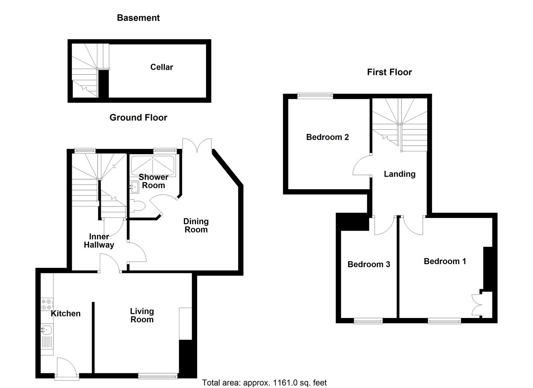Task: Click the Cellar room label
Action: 162,67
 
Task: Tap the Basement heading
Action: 138,18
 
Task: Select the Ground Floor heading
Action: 138,117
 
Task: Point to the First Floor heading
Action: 389,72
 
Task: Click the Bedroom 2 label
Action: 327,137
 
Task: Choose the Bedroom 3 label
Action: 369,264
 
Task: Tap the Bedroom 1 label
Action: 445,261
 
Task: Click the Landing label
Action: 399,174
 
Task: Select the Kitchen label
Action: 65,314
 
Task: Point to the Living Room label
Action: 142,315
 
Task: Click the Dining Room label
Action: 196,226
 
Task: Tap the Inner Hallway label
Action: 99,241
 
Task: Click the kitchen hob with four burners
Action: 46,305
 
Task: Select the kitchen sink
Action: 47,329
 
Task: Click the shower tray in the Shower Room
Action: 153,166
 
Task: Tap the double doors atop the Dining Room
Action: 197,146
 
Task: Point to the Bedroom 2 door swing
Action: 362,166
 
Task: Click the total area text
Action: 264,383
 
